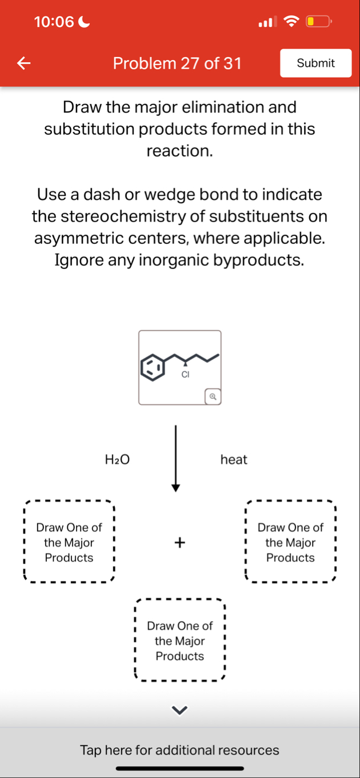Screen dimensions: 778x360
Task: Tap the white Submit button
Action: (315, 63)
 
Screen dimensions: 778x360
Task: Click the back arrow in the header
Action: (23, 63)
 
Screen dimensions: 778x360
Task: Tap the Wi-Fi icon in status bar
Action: (291, 22)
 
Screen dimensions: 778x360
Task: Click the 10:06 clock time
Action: (54, 22)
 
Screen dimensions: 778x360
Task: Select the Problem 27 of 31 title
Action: (177, 63)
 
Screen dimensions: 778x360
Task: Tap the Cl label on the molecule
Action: (185, 375)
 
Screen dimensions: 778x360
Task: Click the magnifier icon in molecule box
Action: (213, 395)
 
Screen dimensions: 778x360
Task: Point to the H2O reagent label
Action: (117, 459)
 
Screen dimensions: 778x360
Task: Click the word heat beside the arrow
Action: (234, 459)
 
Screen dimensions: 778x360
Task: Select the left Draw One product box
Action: (69, 542)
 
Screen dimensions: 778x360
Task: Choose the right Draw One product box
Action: (290, 542)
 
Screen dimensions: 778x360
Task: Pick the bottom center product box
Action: (180, 640)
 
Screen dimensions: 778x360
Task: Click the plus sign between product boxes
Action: (180, 542)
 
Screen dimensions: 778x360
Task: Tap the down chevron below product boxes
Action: (180, 710)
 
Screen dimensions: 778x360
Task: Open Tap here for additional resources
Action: (180, 749)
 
